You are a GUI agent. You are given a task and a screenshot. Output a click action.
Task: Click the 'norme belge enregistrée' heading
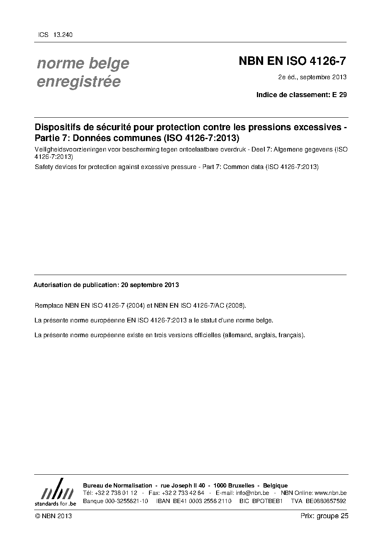pyautogui.click(x=83, y=72)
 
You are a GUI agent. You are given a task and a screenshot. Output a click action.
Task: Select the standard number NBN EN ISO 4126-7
pyautogui.click(x=292, y=61)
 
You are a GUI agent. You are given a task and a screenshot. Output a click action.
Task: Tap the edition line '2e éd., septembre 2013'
pyautogui.click(x=312, y=77)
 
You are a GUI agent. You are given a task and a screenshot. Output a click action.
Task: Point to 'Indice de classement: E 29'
pyautogui.click(x=301, y=94)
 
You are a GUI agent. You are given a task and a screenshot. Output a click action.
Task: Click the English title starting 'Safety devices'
pyautogui.click(x=177, y=167)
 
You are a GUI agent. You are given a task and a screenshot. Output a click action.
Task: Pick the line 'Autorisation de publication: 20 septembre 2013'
pyautogui.click(x=106, y=285)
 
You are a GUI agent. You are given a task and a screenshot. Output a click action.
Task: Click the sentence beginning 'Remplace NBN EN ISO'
pyautogui.click(x=140, y=305)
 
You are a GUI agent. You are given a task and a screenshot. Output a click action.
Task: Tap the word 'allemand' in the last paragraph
pyautogui.click(x=238, y=335)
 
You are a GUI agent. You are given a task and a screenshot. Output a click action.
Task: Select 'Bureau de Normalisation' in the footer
pyautogui.click(x=118, y=486)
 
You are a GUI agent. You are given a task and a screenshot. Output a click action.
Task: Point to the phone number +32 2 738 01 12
pyautogui.click(x=116, y=493)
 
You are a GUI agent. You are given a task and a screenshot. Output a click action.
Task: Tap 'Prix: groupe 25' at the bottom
pyautogui.click(x=324, y=516)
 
